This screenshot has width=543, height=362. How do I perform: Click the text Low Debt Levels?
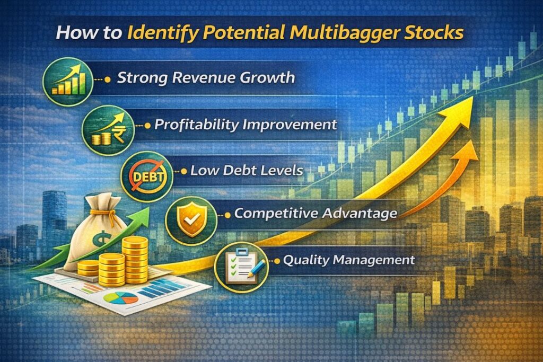pyautogui.click(x=246, y=171)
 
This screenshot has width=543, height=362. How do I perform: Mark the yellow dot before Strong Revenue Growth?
pyautogui.click(x=108, y=79)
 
